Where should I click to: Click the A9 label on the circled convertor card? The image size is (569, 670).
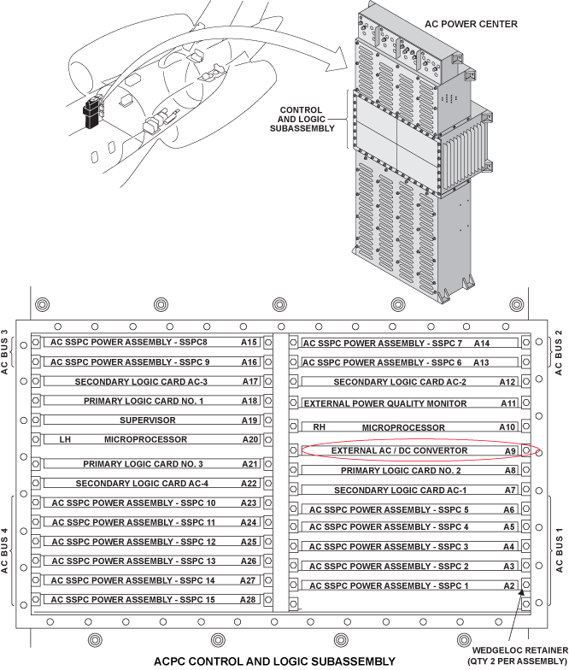tap(510, 450)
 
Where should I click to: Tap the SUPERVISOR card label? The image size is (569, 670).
tap(148, 420)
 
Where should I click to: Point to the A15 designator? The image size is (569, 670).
tap(249, 343)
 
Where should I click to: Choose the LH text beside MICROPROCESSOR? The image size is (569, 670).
tap(65, 440)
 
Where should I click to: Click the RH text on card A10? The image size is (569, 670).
tap(320, 426)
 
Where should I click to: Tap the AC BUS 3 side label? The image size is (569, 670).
tap(7, 351)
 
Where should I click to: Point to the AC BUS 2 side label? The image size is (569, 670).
tap(560, 351)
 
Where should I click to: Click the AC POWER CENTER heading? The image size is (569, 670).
tap(471, 24)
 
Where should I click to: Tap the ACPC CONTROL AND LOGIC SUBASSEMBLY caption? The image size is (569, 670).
tap(274, 661)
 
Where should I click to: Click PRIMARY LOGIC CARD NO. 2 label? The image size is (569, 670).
tap(401, 471)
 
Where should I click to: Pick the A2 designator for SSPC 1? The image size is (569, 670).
tap(509, 585)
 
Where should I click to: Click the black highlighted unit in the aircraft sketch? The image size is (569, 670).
tap(90, 114)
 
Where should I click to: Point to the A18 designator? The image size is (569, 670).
tap(249, 401)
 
